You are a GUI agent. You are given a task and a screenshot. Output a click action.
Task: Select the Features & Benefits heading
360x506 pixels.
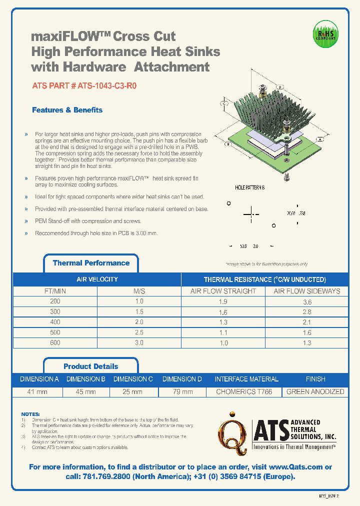(x=67, y=110)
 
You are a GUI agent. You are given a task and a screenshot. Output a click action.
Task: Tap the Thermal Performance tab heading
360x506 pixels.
(x=91, y=263)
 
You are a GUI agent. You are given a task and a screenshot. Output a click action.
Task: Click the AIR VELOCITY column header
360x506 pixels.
(x=97, y=279)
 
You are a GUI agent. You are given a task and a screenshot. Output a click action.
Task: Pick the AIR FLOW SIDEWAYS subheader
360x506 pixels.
(x=306, y=291)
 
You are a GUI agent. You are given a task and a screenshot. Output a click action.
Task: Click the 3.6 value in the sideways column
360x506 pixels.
(x=306, y=302)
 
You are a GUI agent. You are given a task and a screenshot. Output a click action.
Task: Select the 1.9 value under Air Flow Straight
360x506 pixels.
(x=223, y=302)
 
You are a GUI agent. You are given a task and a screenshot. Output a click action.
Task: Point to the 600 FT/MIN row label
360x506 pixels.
(x=55, y=343)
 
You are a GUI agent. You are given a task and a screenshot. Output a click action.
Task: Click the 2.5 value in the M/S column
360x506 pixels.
(x=138, y=332)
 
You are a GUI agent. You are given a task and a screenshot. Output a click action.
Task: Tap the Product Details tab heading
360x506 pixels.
(x=91, y=366)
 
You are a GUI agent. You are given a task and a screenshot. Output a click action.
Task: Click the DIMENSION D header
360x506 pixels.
(x=182, y=379)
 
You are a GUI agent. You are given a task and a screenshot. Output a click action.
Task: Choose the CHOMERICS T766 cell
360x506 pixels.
(x=244, y=392)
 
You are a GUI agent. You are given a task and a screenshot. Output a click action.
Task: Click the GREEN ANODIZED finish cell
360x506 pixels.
(x=315, y=392)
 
